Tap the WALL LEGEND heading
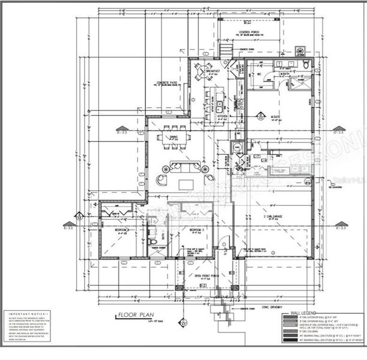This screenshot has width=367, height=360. tap(303, 313)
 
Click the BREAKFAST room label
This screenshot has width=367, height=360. tap(213, 70)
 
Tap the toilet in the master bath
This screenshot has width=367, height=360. tap(306, 64)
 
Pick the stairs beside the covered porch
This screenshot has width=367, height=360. tap(226, 49)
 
